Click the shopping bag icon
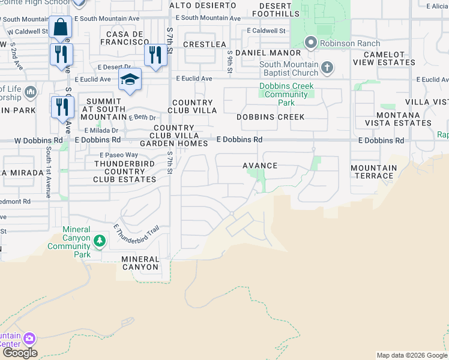click(x=61, y=28)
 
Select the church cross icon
click(x=327, y=67)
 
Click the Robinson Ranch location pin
click(x=310, y=43)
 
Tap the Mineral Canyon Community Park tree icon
click(x=100, y=241)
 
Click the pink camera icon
click(x=29, y=340)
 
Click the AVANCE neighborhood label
click(x=260, y=166)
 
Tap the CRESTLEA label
click(x=205, y=44)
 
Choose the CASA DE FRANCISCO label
click(x=125, y=38)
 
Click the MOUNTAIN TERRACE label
click(x=374, y=172)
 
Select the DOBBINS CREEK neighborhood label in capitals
click(x=270, y=117)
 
